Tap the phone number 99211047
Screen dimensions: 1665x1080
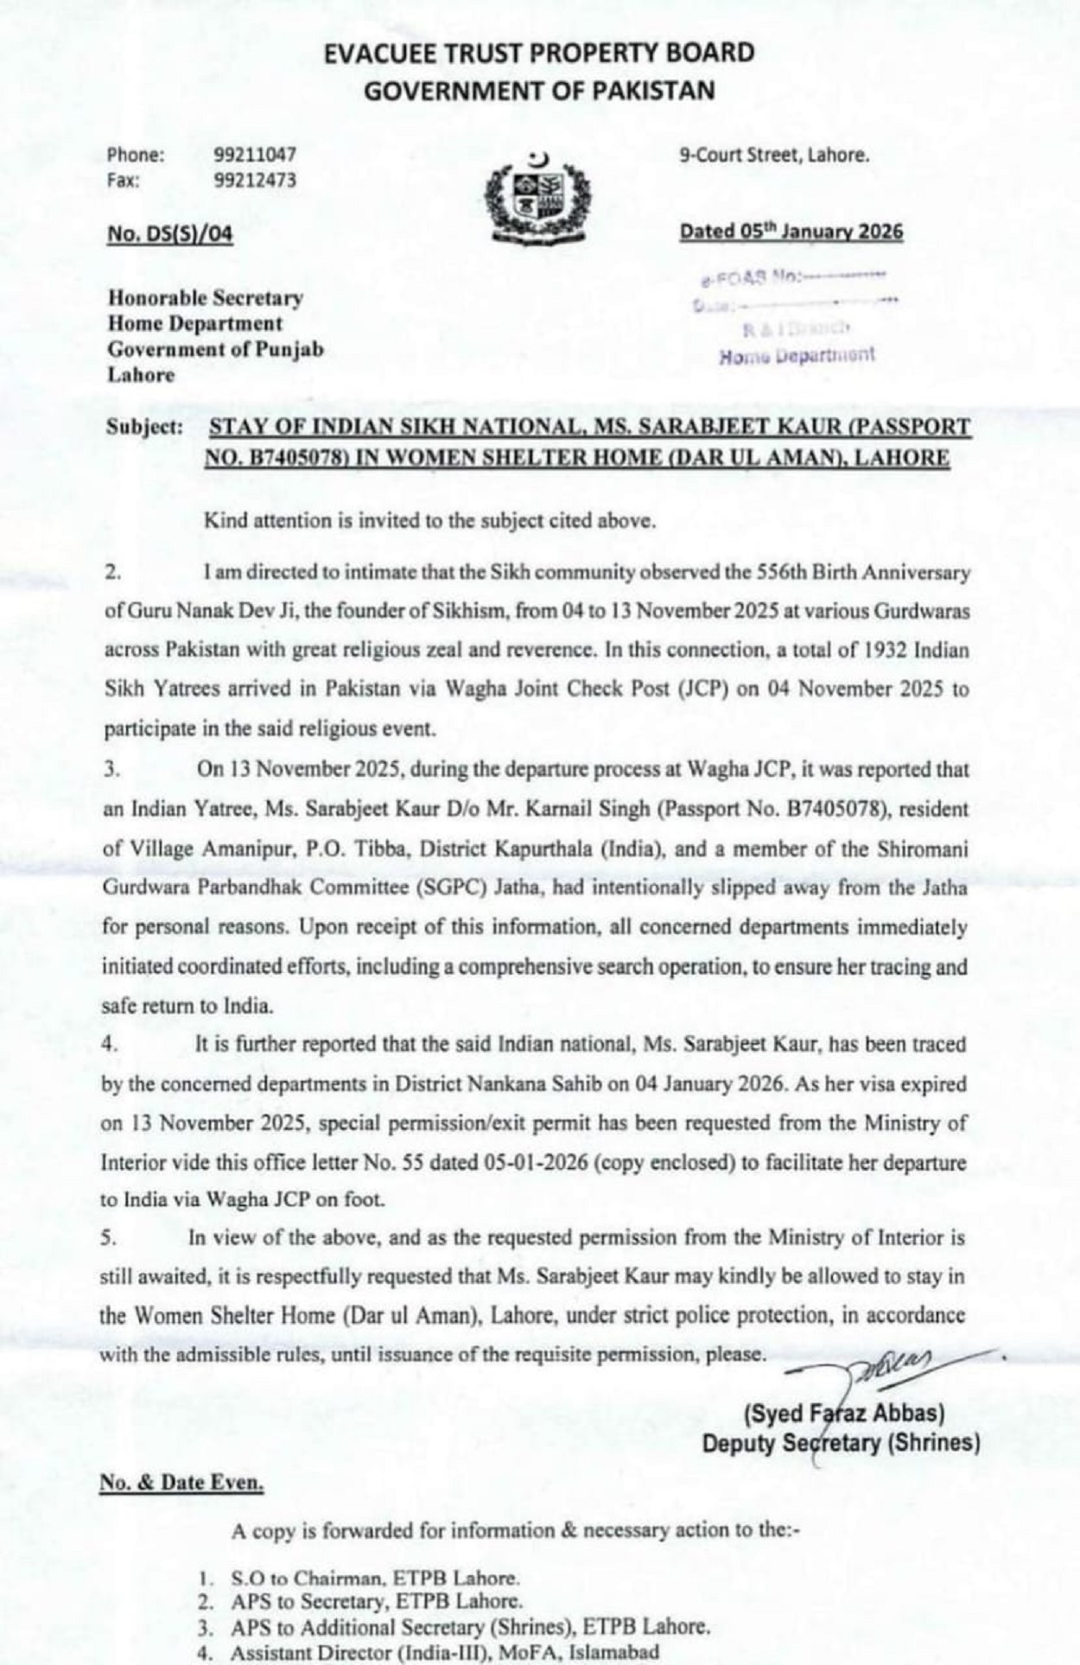(255, 156)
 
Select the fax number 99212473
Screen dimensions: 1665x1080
(255, 181)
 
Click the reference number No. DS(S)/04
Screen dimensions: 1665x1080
(170, 234)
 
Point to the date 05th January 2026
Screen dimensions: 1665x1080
(791, 232)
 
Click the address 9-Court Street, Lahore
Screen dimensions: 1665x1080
(774, 156)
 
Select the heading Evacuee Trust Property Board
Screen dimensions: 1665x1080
(539, 54)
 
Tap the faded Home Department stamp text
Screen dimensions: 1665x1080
(797, 355)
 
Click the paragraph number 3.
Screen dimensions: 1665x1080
(111, 770)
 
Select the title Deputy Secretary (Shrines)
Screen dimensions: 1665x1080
(841, 1443)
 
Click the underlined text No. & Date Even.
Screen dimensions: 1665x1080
(181, 1483)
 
